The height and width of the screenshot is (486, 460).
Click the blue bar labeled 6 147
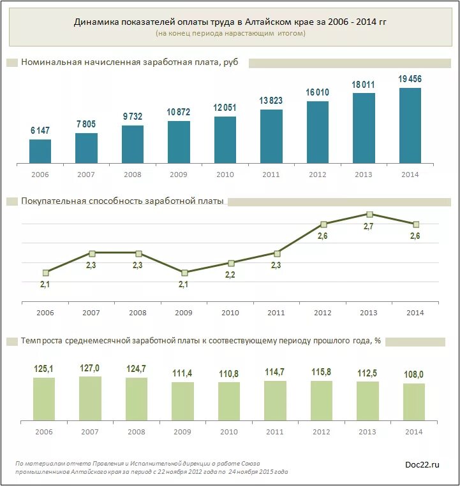(x=40, y=152)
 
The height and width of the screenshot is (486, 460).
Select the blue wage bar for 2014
(x=410, y=125)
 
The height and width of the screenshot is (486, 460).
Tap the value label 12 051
(x=225, y=108)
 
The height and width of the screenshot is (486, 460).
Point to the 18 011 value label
(x=364, y=84)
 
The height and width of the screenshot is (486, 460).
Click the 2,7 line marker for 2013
(x=369, y=214)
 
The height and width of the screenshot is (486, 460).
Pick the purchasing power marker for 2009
(x=184, y=273)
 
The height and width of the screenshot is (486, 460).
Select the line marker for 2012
(x=323, y=224)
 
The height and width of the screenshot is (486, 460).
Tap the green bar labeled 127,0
(x=90, y=398)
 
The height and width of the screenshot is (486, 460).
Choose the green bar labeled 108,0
(x=414, y=401)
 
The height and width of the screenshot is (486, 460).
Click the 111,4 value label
(x=182, y=373)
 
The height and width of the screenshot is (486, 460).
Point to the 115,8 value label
(x=321, y=371)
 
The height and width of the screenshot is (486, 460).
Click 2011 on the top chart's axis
(x=271, y=175)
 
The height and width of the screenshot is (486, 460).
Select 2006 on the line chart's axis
(x=45, y=313)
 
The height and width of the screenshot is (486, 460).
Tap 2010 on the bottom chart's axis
(x=229, y=431)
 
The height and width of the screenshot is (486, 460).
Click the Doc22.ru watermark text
(x=422, y=465)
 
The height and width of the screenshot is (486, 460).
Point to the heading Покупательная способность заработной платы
(x=122, y=201)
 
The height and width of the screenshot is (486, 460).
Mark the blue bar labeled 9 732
(x=133, y=145)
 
